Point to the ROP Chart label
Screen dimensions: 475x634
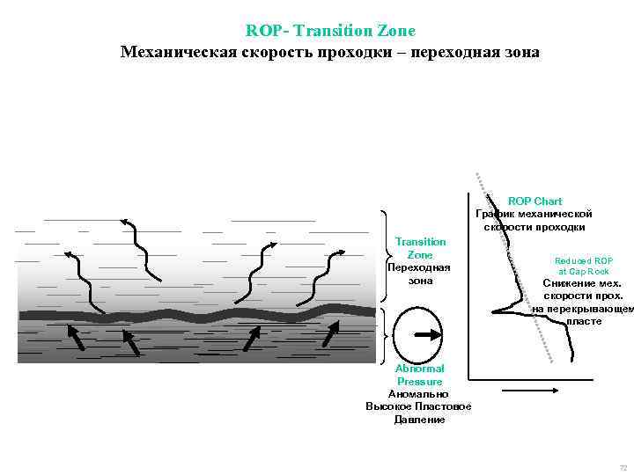[x=534, y=201]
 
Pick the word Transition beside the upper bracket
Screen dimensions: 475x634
[x=420, y=241]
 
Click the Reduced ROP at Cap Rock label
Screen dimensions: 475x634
[x=583, y=266]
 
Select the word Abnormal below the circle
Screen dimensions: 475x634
[x=420, y=369]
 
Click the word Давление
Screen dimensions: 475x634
[x=419, y=420]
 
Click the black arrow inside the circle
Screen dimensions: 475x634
[x=428, y=334]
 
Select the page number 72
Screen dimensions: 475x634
[x=623, y=467]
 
